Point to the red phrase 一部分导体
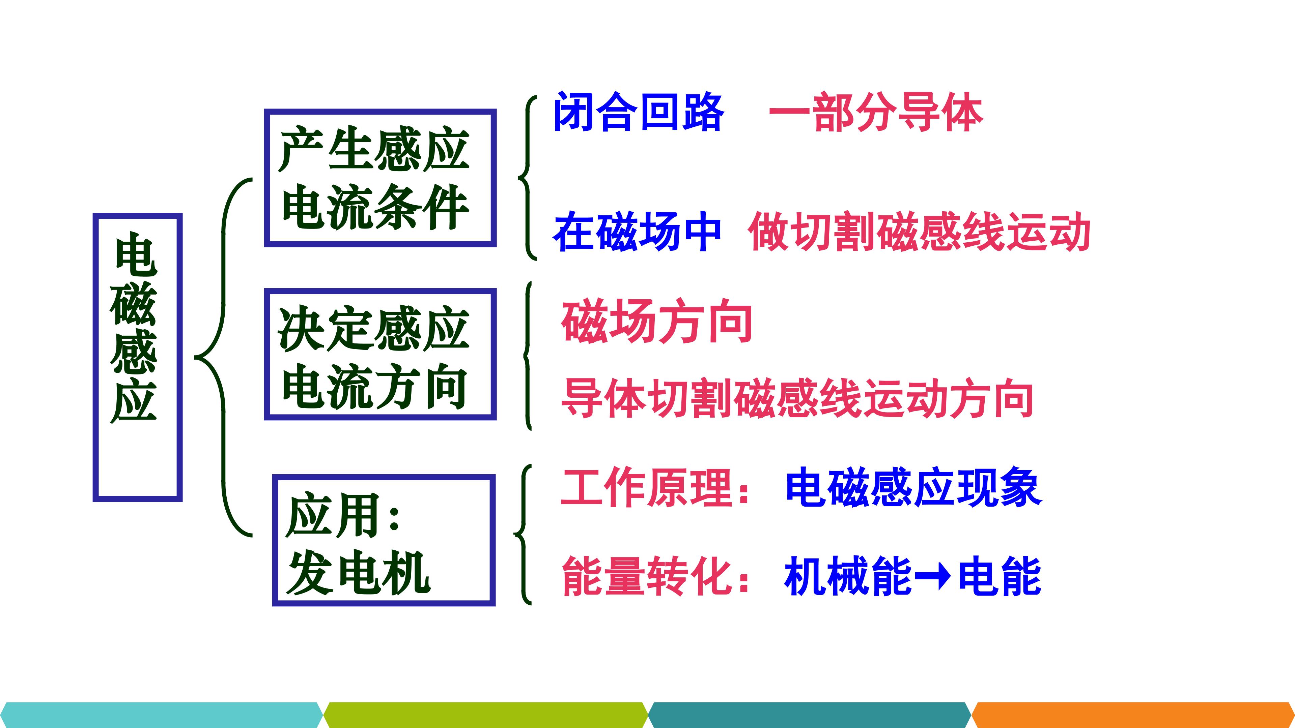pyautogui.click(x=876, y=112)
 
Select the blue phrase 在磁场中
pyautogui.click(x=637, y=231)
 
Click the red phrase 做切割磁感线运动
pyautogui.click(x=919, y=231)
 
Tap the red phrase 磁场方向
pyautogui.click(x=656, y=321)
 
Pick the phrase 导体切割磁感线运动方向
pyautogui.click(x=797, y=398)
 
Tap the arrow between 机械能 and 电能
pyautogui.click(x=933, y=577)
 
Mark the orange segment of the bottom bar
pyautogui.click(x=1133, y=715)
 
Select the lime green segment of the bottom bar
pyautogui.click(x=486, y=715)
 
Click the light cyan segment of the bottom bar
pyautogui.click(x=161, y=715)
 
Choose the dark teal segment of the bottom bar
pyautogui.click(x=809, y=715)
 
